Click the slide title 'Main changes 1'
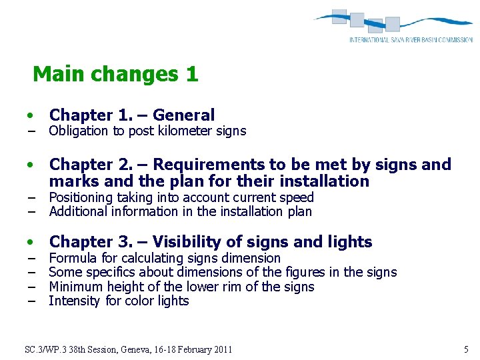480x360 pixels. (115, 74)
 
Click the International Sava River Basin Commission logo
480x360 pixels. (393, 26)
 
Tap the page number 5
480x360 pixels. (466, 349)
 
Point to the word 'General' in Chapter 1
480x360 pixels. (183, 115)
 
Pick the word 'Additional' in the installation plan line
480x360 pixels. (78, 212)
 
